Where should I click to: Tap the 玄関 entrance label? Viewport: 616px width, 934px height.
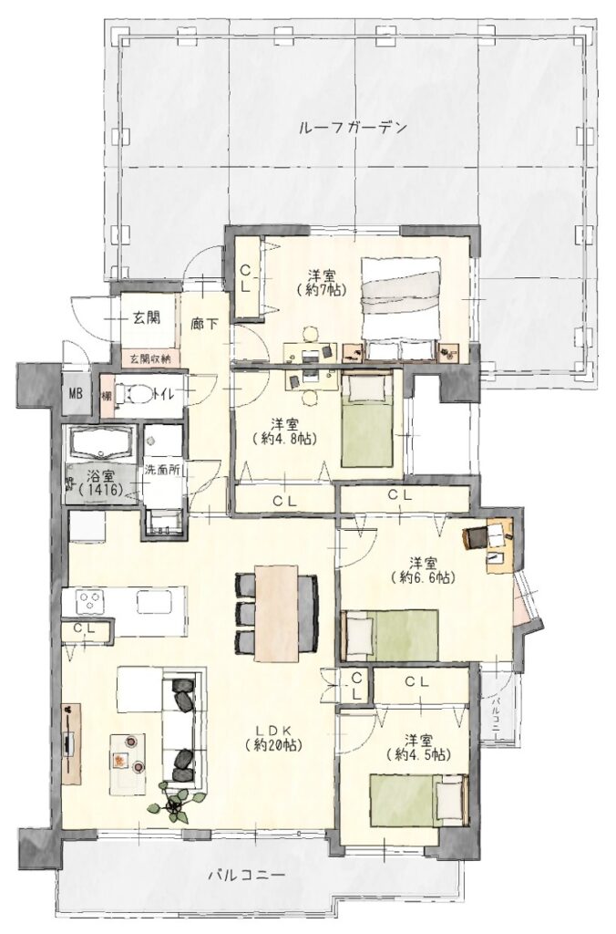tap(146, 317)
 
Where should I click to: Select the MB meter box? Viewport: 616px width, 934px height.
tap(76, 394)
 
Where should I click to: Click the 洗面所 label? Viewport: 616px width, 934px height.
tap(162, 469)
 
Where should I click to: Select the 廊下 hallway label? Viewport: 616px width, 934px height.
tap(204, 325)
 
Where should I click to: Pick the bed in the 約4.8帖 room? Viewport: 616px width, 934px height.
tap(368, 419)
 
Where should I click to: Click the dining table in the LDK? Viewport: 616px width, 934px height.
tap(277, 612)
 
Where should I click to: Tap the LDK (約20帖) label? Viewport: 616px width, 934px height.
tap(272, 737)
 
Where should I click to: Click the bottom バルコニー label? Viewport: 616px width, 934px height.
tap(248, 877)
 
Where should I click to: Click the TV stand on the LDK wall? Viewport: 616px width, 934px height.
tap(70, 743)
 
